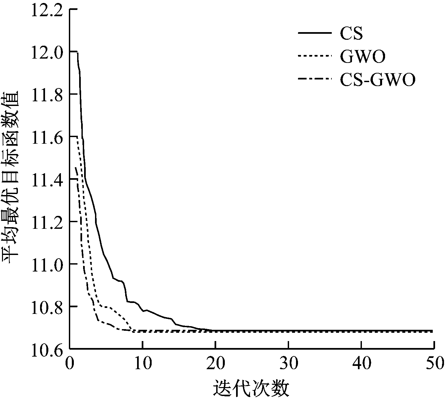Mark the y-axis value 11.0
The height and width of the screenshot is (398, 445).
[x=47, y=264]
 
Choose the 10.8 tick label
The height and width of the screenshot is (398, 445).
[x=47, y=306]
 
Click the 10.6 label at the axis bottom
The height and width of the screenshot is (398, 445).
[x=47, y=349]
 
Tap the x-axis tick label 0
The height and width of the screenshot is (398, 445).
[x=70, y=363]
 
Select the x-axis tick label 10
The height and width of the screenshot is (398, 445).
[x=142, y=363]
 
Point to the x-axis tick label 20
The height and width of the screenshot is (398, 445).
[x=215, y=363]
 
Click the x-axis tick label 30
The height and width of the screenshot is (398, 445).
[x=288, y=363]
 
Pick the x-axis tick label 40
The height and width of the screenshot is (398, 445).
[x=361, y=363]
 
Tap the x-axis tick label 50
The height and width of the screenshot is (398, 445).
[x=434, y=363]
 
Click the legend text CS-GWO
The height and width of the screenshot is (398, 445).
[x=378, y=80]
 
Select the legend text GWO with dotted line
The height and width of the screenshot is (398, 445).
[x=363, y=57]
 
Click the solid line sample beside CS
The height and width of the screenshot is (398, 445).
[x=315, y=33]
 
